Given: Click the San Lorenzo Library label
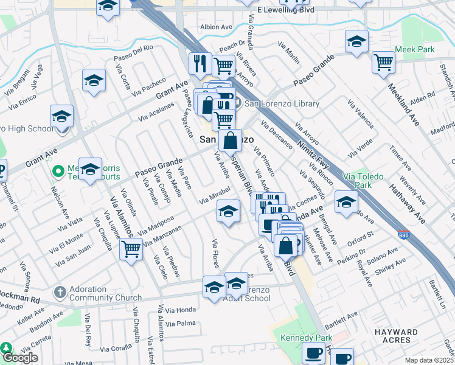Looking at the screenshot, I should (282, 104).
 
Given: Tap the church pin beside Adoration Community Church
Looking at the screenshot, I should (60, 293).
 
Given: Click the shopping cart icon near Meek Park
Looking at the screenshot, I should (383, 61).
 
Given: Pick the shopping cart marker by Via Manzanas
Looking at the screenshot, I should (131, 248).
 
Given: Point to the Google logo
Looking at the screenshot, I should (20, 358).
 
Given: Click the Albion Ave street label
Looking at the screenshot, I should (217, 27).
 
